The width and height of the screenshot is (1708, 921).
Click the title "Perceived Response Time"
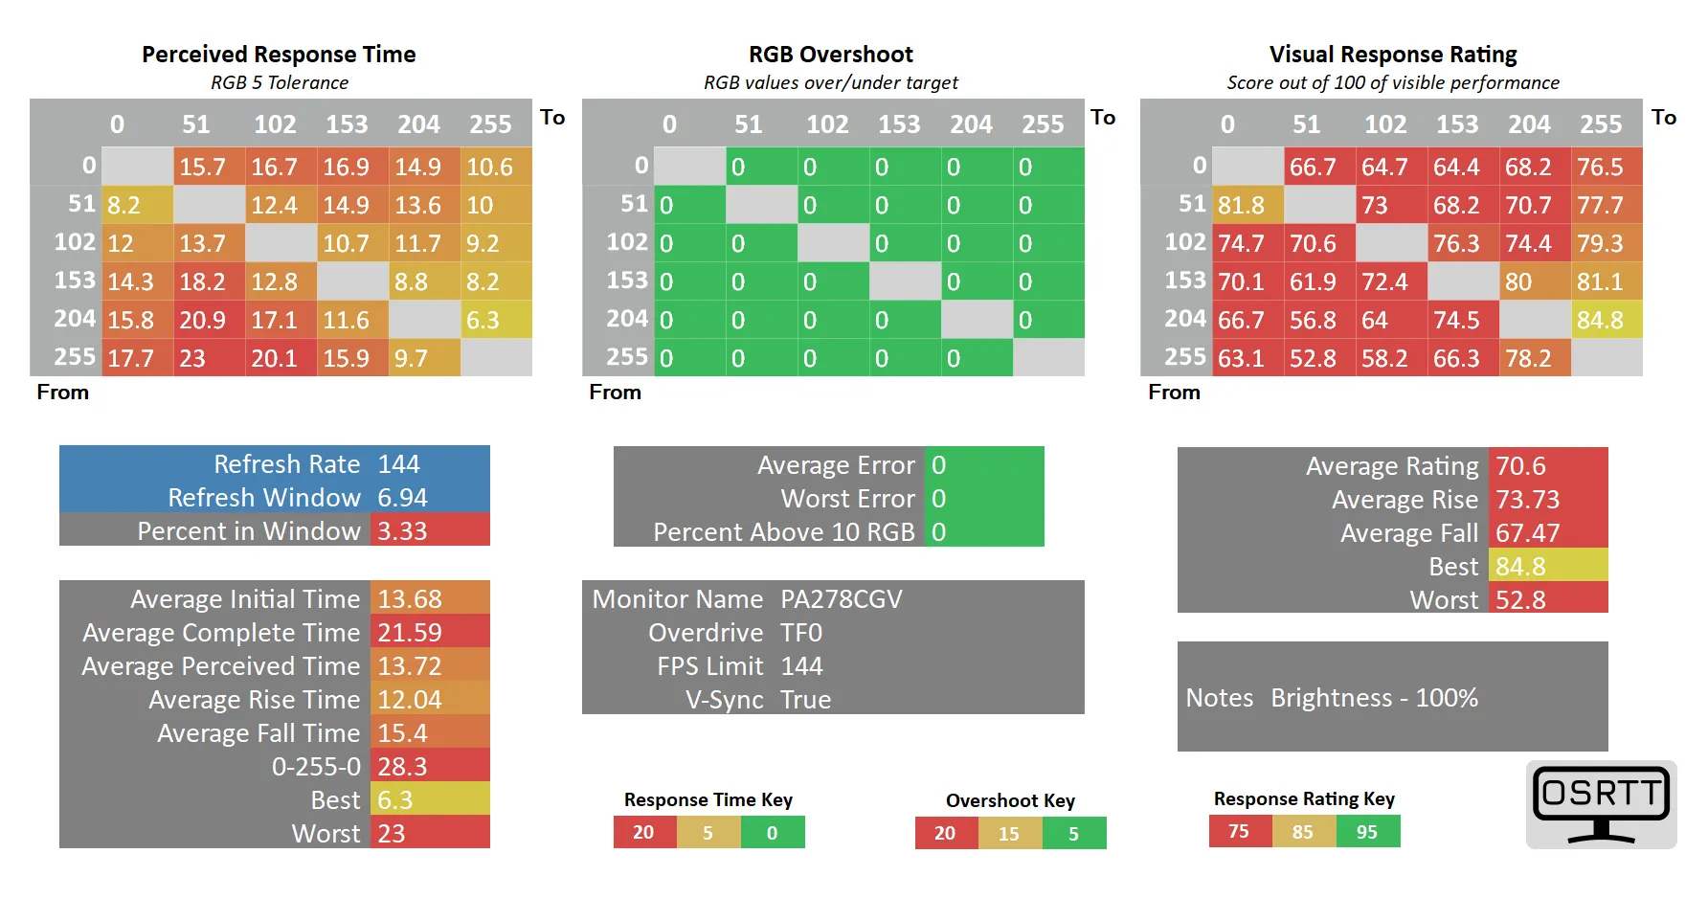[279, 55]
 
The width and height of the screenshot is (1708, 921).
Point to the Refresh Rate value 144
[398, 464]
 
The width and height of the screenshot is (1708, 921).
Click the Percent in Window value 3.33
[402, 531]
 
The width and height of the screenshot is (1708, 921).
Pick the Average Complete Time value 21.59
[410, 633]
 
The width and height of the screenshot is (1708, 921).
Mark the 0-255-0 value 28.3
[402, 767]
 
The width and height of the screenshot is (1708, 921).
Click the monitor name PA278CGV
[841, 599]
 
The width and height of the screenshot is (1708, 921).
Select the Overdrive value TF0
[801, 633]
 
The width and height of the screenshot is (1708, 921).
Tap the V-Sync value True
[805, 700]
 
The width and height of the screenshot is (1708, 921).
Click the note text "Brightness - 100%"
[1374, 698]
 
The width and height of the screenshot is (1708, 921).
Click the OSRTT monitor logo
[1601, 804]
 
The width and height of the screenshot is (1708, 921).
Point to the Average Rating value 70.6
[1520, 466]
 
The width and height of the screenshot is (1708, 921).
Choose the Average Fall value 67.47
[1527, 533]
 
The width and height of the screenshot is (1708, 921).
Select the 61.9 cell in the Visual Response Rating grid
[1313, 281]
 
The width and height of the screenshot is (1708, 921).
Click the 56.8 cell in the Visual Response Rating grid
[1313, 320]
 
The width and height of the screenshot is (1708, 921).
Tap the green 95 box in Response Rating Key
[1367, 832]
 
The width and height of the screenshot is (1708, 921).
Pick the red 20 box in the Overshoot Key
[945, 833]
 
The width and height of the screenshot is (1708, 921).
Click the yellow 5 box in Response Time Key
[708, 833]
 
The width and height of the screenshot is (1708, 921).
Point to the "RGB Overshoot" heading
[830, 55]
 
